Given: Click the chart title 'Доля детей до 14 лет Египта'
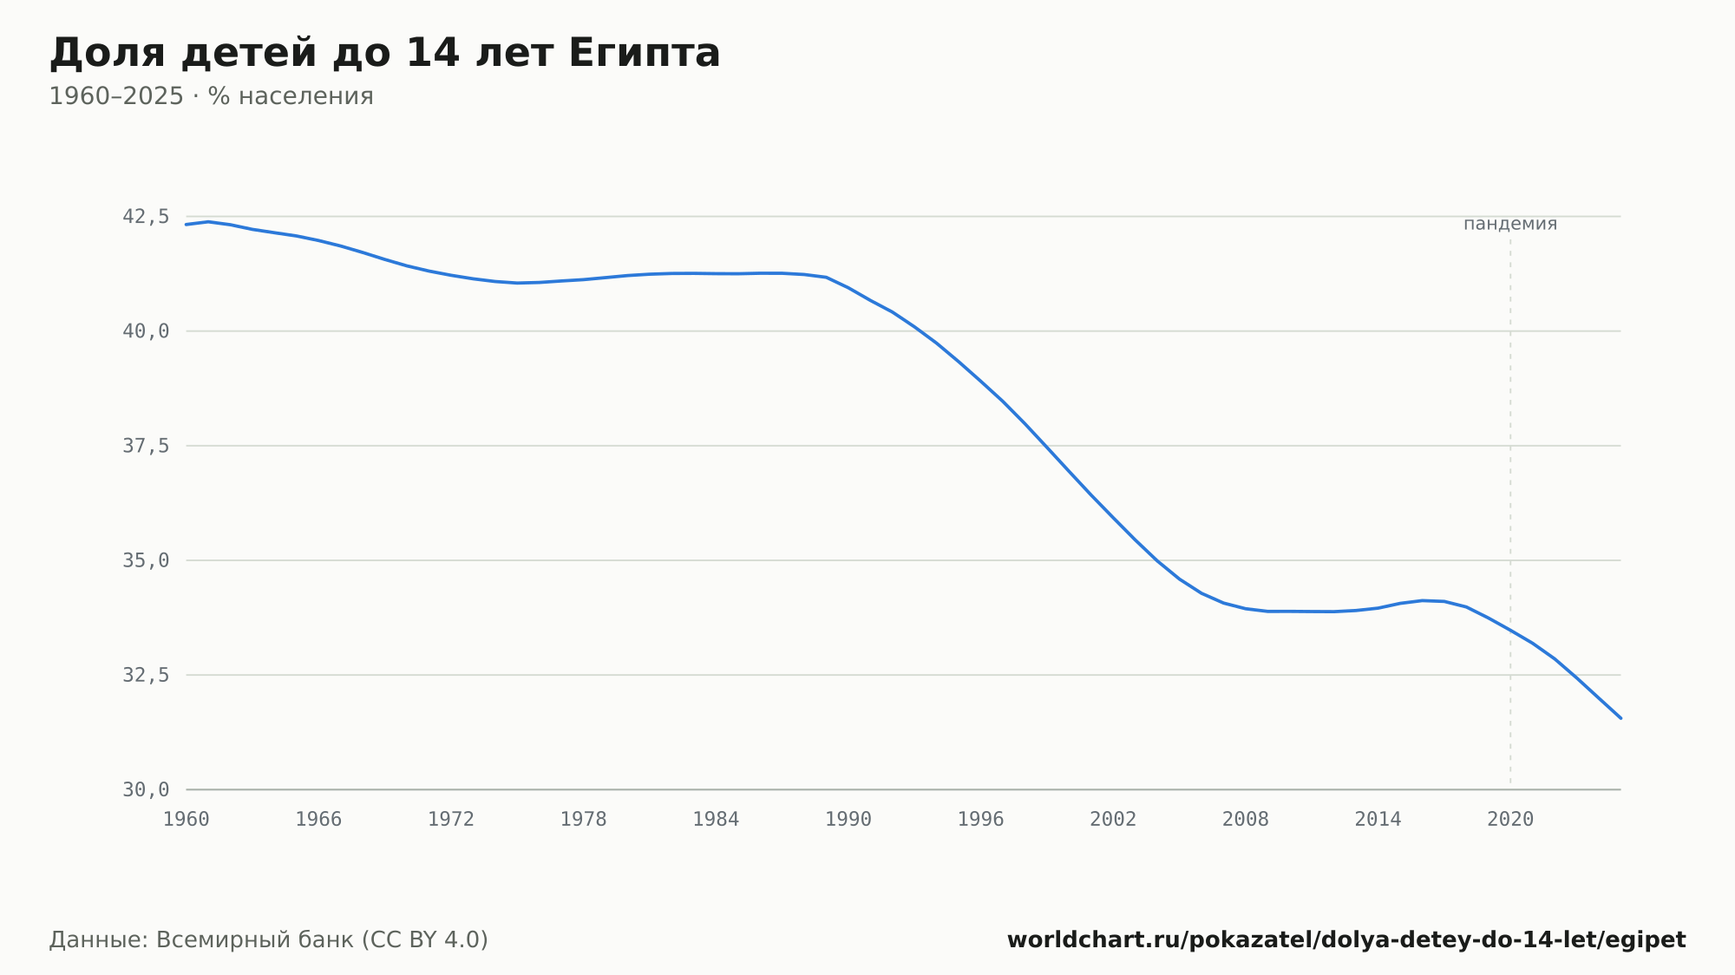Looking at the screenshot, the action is click(384, 54).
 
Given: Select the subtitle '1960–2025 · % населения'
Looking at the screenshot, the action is click(211, 96).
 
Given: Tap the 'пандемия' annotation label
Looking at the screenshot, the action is click(1510, 224).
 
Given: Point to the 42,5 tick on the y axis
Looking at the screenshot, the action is click(146, 217).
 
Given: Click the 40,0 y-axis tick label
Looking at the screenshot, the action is click(146, 331).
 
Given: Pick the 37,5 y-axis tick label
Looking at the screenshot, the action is click(146, 446).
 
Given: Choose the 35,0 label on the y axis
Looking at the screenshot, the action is click(146, 560).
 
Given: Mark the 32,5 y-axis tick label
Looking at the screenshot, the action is click(146, 675).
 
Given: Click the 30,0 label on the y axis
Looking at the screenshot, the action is click(146, 789).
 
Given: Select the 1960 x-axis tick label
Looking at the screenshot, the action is click(187, 820).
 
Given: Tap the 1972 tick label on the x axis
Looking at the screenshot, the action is click(451, 820).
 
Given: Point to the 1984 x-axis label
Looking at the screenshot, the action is click(716, 820).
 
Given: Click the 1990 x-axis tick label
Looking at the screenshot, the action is click(848, 820).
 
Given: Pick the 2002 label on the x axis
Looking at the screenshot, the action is click(1113, 820).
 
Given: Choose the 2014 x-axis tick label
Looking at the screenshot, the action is click(1378, 820).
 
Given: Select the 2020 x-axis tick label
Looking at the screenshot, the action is click(1510, 820).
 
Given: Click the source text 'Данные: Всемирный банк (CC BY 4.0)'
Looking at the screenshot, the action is click(269, 940).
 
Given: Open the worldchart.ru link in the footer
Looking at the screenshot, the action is click(1346, 940).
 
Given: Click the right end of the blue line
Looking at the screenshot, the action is click(1620, 718).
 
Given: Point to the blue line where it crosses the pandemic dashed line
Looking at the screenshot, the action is click(1510, 631).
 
